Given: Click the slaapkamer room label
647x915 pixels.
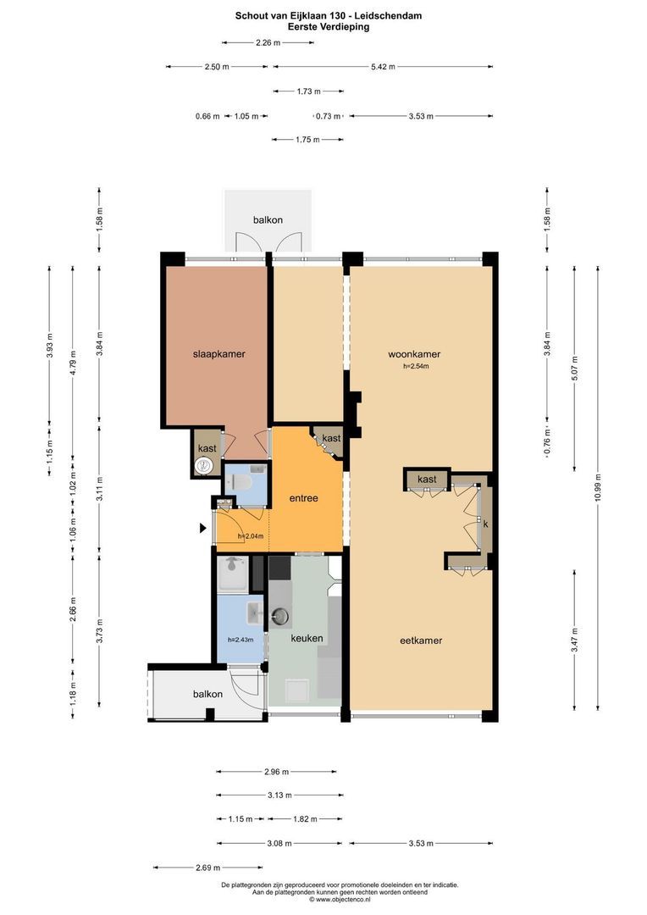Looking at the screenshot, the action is click(218, 353).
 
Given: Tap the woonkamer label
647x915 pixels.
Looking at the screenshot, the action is click(414, 353).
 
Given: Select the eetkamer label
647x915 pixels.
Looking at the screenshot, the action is click(421, 640).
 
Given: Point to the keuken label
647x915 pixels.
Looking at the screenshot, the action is click(307, 639).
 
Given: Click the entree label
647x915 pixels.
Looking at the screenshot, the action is click(304, 498).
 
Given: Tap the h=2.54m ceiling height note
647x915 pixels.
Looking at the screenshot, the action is click(416, 367).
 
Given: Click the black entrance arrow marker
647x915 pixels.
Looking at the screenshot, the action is click(203, 528).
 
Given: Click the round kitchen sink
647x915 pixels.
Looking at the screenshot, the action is click(280, 616).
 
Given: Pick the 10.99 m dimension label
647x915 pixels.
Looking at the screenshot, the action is click(598, 489).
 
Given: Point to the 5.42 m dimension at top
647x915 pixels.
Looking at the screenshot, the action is click(383, 67).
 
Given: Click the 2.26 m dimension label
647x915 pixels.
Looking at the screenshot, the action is click(268, 42).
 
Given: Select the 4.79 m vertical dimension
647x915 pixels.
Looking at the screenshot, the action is click(73, 362).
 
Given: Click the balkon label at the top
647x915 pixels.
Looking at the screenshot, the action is click(268, 220).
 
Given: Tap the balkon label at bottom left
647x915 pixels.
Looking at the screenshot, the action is click(207, 694).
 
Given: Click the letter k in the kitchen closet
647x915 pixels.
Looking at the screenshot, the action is click(485, 524).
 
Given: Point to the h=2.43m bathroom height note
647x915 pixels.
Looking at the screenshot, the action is click(241, 640).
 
